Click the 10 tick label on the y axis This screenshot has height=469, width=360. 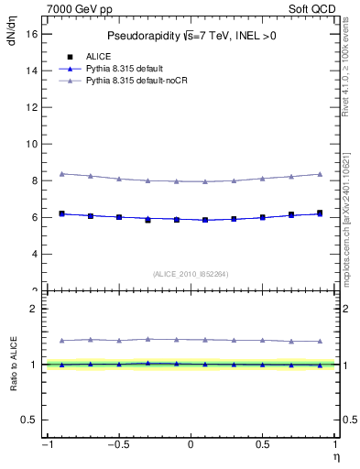(32, 144)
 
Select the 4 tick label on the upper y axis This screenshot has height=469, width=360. (35, 254)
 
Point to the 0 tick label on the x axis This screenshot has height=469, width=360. (191, 445)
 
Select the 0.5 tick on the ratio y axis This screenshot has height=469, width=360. (30, 420)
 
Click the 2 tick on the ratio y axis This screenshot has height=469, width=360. (35, 309)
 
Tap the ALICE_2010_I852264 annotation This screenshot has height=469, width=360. (191, 274)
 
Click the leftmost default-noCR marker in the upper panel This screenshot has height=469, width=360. (61, 173)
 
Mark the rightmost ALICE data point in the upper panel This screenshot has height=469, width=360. (320, 213)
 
